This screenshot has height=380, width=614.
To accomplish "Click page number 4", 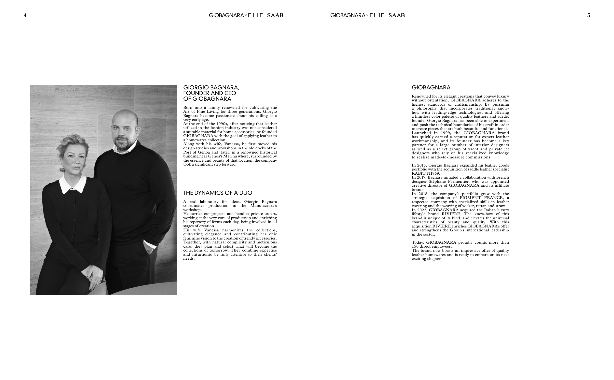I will (x=25, y=15).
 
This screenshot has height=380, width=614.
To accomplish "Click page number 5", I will (x=588, y=15).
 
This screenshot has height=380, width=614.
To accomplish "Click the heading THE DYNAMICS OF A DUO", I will (x=218, y=193).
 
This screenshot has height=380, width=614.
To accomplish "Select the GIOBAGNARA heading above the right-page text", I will (x=431, y=87).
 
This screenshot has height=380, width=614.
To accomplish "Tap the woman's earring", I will (x=62, y=169).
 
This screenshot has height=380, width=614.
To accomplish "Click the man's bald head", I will (x=125, y=116).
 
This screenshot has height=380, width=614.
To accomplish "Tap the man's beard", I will (x=123, y=144).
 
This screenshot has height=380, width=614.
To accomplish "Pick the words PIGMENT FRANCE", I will (x=481, y=198).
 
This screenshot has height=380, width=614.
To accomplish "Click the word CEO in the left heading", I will (x=230, y=93).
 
